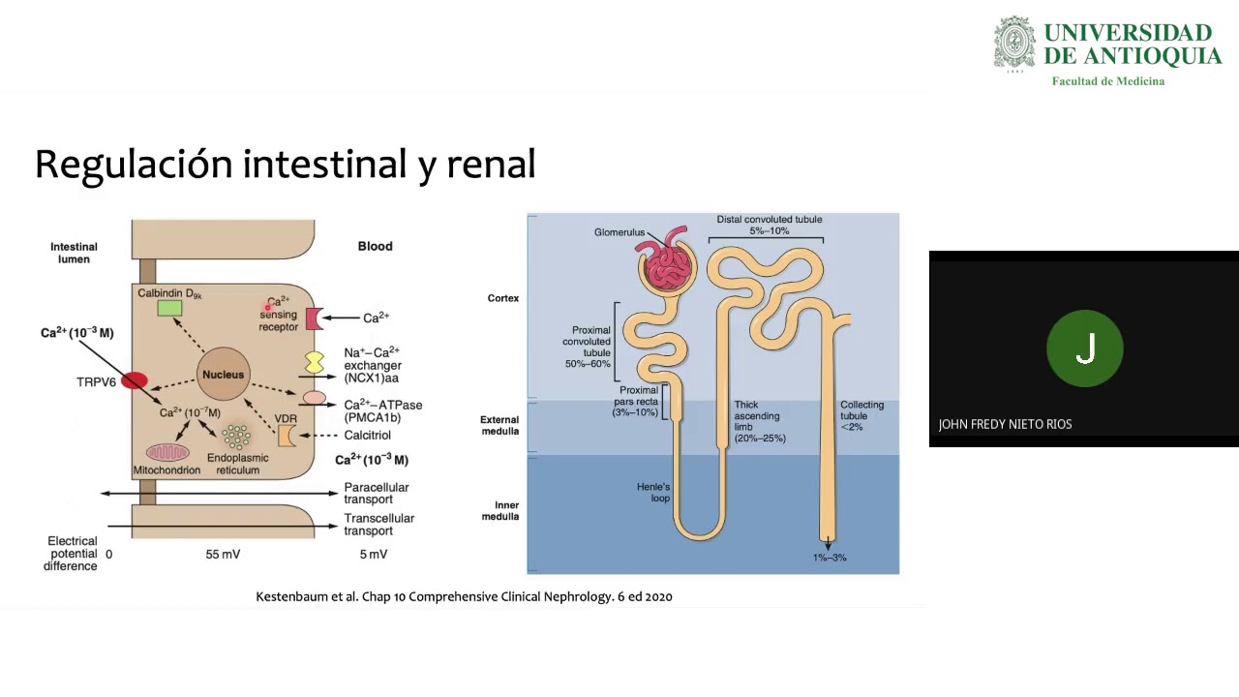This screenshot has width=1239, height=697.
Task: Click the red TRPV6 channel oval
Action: coord(135,380)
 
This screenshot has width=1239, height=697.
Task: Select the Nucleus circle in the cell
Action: coord(224,374)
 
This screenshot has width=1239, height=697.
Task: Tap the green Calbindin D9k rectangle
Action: coord(169,308)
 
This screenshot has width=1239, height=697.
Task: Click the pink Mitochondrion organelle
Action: coord(167,452)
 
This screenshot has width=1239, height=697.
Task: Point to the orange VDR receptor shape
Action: coord(286,436)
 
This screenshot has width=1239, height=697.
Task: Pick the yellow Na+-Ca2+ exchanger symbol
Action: coord(315,363)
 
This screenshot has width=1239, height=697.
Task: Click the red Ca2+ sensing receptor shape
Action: coord(314,318)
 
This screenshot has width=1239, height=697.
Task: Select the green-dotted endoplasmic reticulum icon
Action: coord(237,437)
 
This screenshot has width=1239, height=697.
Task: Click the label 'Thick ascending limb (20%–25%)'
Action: coord(760,421)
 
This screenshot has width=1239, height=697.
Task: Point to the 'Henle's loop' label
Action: coord(653,493)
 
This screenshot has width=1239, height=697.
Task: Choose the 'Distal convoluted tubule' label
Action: coord(770,219)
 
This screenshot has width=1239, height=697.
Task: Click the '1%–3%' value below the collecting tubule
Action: coord(830,558)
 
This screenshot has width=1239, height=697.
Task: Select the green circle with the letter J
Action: coord(1085,348)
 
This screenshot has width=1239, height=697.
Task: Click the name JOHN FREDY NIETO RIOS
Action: coord(1005,424)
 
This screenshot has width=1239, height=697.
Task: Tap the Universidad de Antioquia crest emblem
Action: coord(1014,44)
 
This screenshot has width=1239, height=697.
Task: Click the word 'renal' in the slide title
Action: coord(491,165)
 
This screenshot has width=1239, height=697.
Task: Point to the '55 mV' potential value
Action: coord(223,555)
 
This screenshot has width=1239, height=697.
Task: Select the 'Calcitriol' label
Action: coord(367,436)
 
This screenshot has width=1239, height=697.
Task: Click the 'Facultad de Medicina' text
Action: coord(1108,81)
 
